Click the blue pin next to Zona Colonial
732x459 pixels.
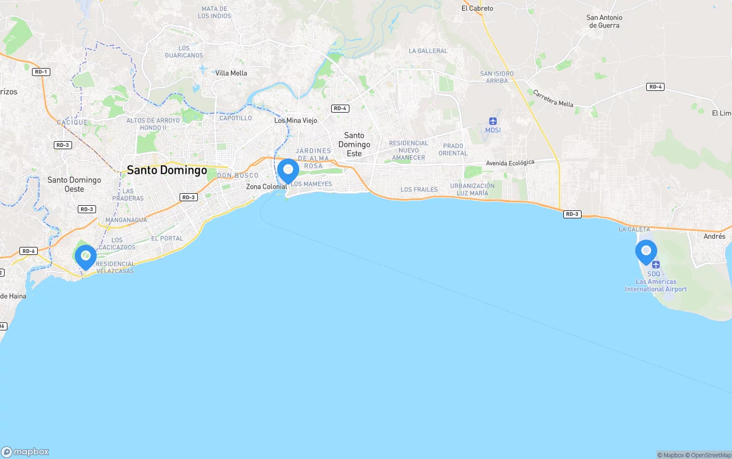pyautogui.click(x=288, y=170)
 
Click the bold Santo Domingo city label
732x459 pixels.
pyautogui.click(x=167, y=170)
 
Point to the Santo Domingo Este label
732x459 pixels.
pyautogui.click(x=354, y=145)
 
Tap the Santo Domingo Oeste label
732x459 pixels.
pyautogui.click(x=74, y=184)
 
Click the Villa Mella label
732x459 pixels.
pyautogui.click(x=231, y=73)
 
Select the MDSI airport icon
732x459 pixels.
pyautogui.click(x=493, y=121)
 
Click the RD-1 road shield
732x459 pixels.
pyautogui.click(x=41, y=71)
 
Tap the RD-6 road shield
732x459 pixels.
pyautogui.click(x=28, y=251)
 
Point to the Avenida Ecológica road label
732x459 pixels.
pyautogui.click(x=510, y=163)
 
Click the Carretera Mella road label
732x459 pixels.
pyautogui.click(x=553, y=98)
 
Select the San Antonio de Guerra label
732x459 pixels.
pyautogui.click(x=604, y=21)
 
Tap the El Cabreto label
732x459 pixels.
pyautogui.click(x=477, y=9)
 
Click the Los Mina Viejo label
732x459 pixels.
pyautogui.click(x=296, y=121)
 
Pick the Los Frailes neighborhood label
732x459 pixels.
pyautogui.click(x=419, y=189)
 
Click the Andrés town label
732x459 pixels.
pyautogui.click(x=714, y=236)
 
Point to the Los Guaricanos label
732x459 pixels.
pyautogui.click(x=184, y=51)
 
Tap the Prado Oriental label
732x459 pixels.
pyautogui.click(x=453, y=149)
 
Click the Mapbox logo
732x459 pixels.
pyautogui.click(x=25, y=452)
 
